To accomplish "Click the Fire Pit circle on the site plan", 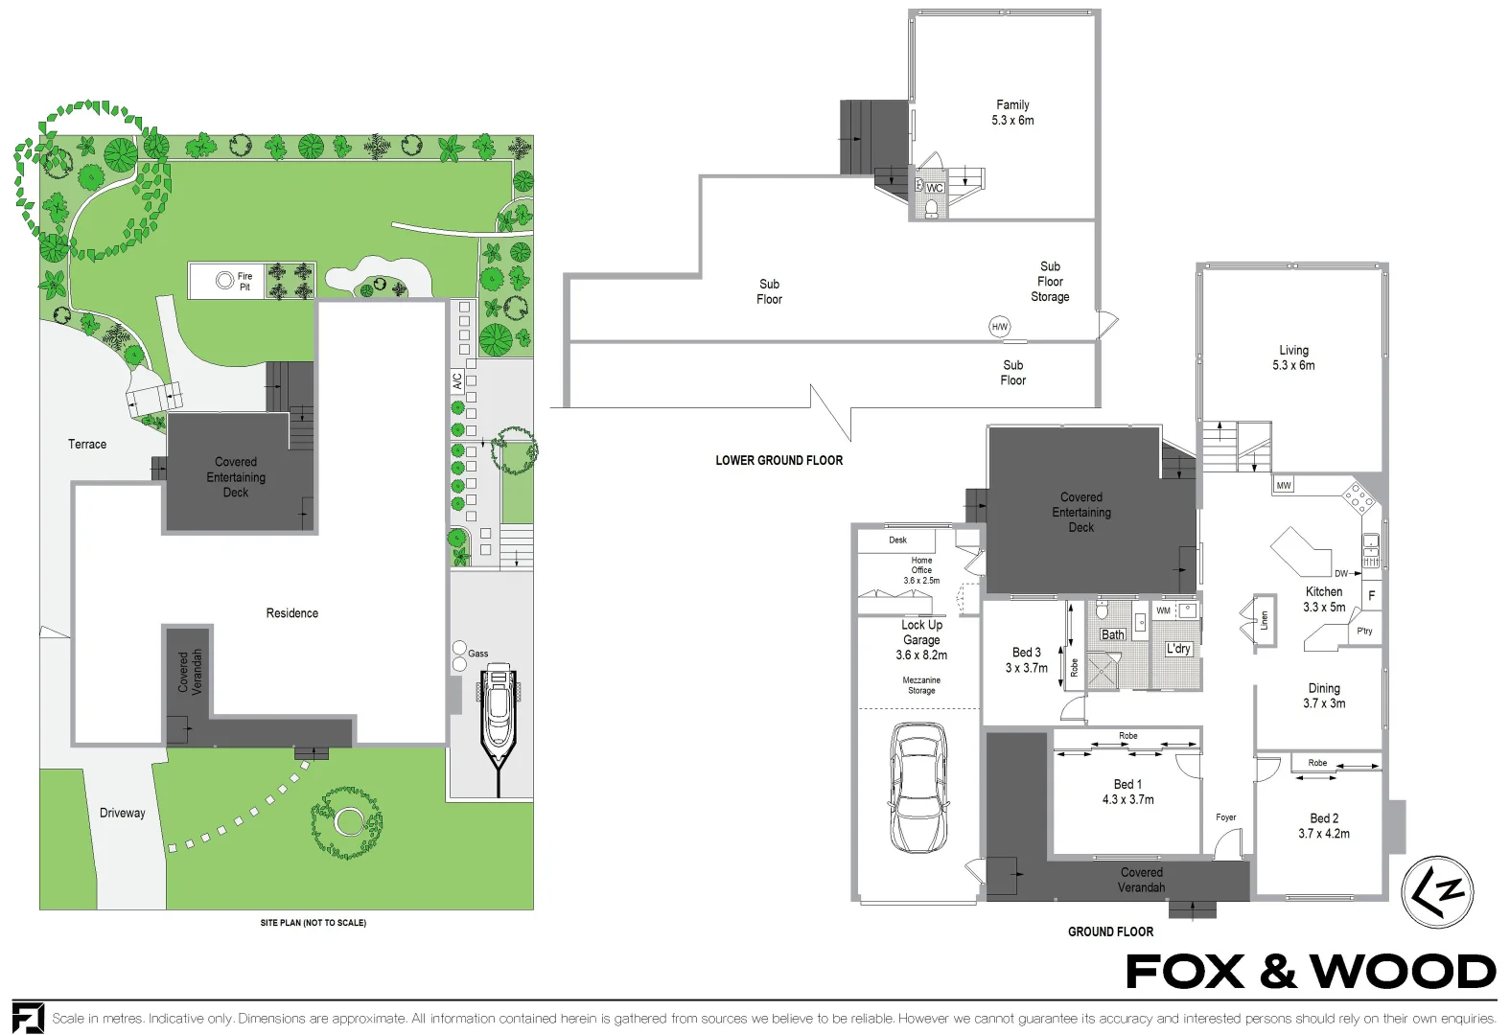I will (224, 281).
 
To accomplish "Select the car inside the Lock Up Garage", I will (919, 788).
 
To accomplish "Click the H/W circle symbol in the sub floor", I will (1000, 327).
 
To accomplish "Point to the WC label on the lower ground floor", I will (935, 188).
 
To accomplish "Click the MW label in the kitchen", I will (1284, 486).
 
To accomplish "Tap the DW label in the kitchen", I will (1340, 574).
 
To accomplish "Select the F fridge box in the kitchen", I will (1371, 595).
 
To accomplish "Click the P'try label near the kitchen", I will (1364, 632).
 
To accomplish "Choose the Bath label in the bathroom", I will (1112, 634).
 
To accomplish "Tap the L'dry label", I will (1178, 649).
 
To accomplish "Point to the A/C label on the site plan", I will (457, 380).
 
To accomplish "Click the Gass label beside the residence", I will (477, 654).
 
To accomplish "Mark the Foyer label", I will (1225, 817).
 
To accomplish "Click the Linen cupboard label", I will (1264, 620).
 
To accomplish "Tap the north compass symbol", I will (1437, 891).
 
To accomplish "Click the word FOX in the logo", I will (1185, 972).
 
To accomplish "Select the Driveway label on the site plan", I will (123, 813).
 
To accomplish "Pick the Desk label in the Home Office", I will (897, 540).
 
